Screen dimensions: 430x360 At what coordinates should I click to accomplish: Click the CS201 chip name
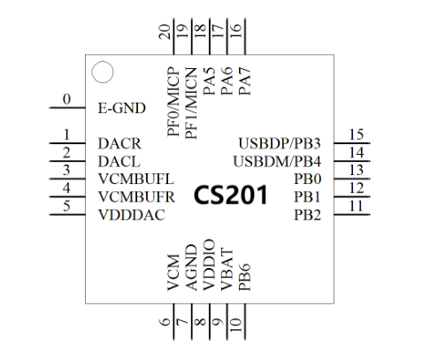coord(231,195)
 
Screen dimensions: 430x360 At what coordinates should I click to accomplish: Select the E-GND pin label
coord(121,108)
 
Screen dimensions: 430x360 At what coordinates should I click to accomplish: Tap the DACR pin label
coord(119,144)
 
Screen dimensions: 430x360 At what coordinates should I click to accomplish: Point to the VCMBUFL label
coord(136,179)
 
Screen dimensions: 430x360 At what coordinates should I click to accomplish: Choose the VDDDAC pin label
coord(132,215)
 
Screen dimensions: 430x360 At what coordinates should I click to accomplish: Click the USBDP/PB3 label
coord(280,143)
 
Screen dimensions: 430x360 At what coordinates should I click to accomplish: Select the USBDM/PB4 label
coord(277,162)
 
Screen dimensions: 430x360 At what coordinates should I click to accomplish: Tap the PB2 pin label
coord(307,215)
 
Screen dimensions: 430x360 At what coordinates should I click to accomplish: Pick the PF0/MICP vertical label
coord(173,102)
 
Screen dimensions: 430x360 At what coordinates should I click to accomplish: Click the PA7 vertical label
coord(244,81)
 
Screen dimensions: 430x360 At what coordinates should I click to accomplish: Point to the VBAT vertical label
coord(227,270)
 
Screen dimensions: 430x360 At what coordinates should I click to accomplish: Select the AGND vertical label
coord(191,268)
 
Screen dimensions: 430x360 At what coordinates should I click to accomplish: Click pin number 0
coord(67,99)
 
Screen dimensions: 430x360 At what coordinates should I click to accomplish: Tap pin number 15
coord(357,134)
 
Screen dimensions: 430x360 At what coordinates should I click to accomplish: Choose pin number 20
coord(165,32)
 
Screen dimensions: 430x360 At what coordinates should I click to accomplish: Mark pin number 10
coord(236,326)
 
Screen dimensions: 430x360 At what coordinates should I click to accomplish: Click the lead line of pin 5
coord(67,215)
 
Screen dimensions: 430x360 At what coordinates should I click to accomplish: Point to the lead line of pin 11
coord(352,215)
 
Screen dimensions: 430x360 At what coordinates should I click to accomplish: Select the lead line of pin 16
coord(245,36)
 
